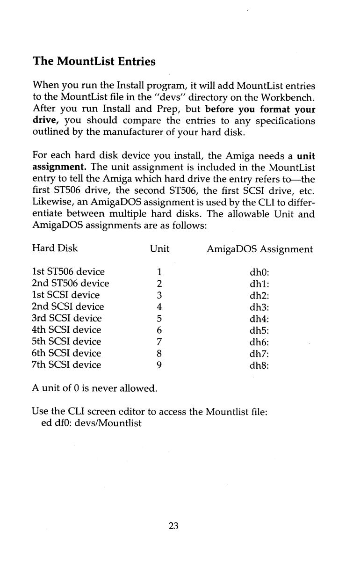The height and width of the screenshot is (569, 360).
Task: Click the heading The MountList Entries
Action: coord(94,61)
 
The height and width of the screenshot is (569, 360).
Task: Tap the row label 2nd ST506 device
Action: coord(70,284)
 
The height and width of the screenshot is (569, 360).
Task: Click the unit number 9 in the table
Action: coord(159,365)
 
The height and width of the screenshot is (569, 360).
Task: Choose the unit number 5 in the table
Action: coord(159,319)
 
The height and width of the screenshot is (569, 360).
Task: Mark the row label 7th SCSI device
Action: coord(66,365)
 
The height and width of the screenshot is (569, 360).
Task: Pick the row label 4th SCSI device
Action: coord(66,330)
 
